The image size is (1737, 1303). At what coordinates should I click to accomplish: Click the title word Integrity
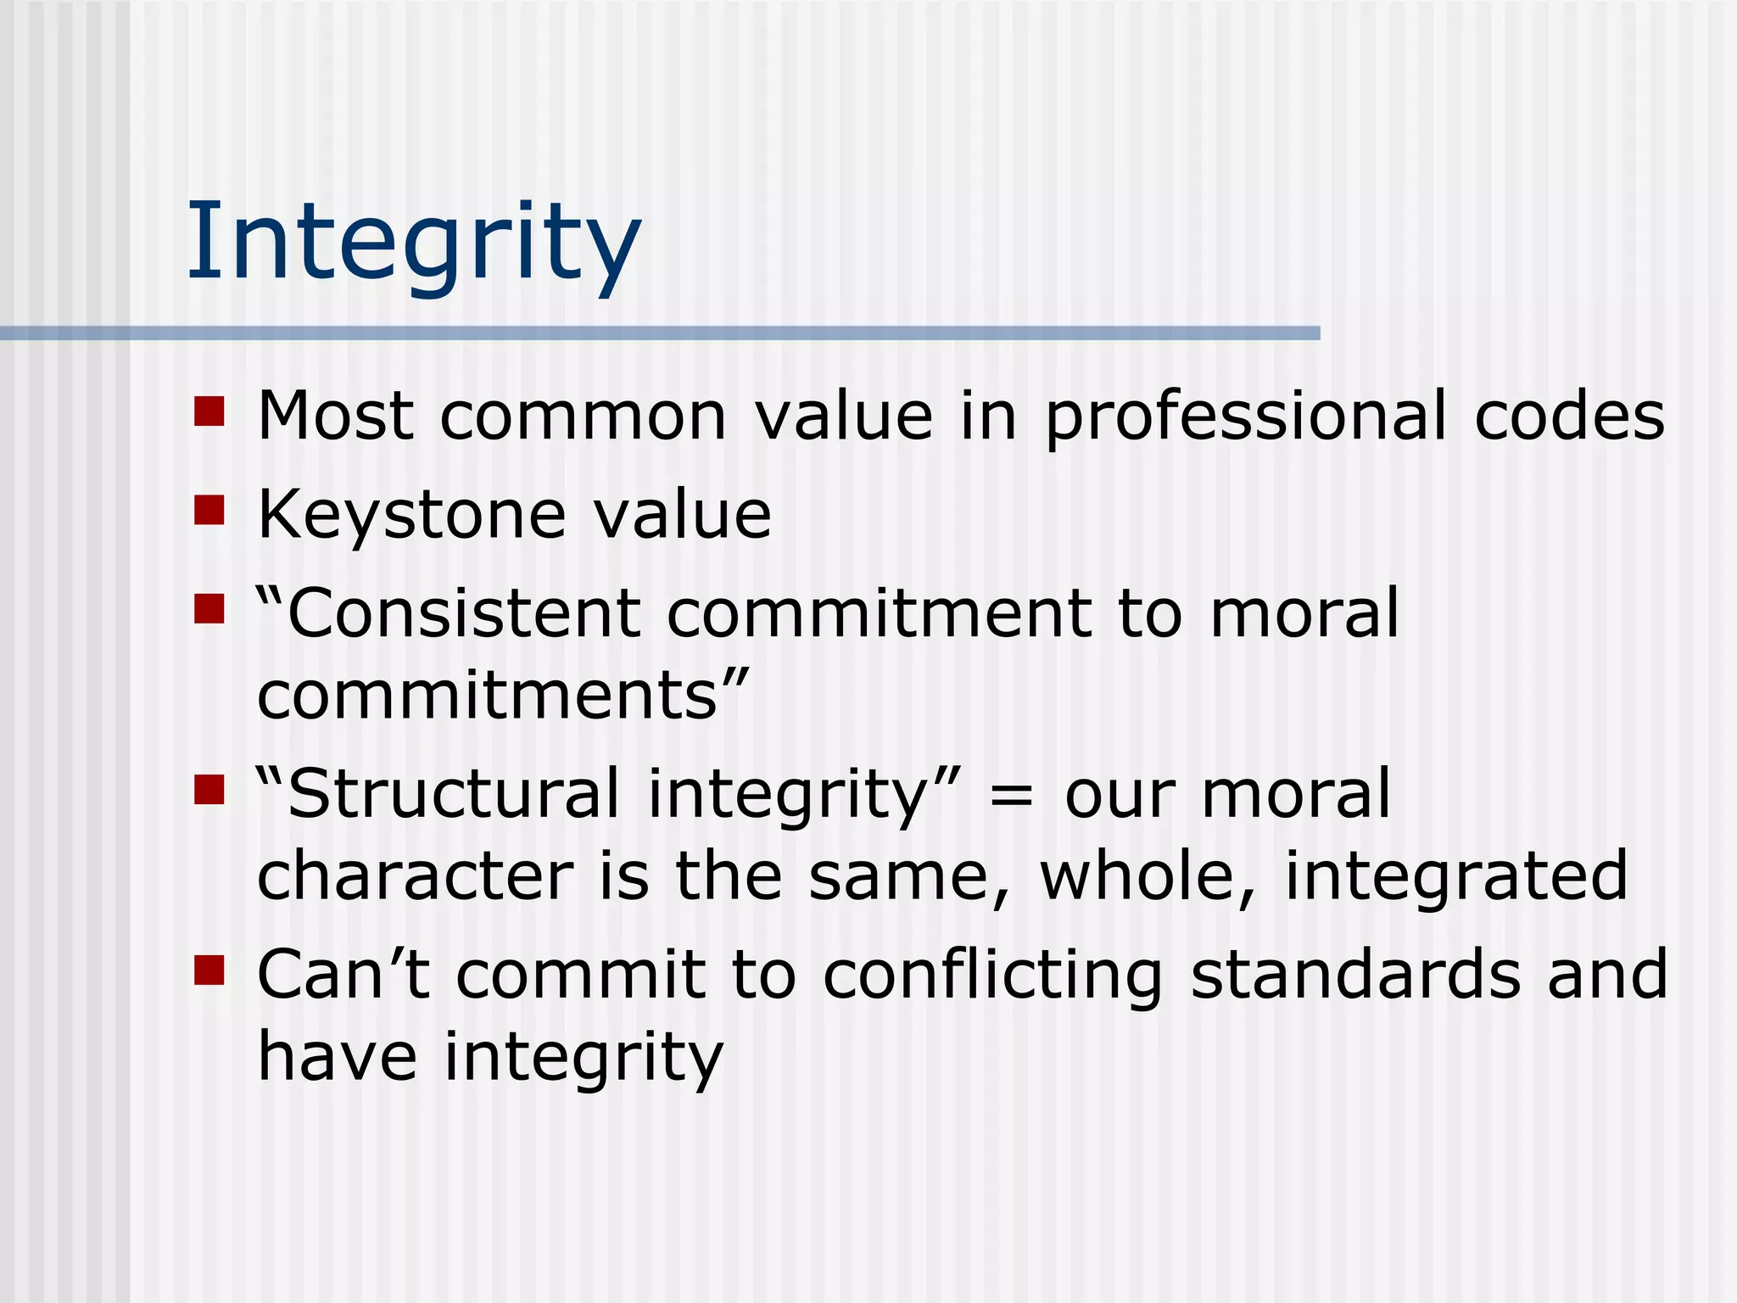point(413,242)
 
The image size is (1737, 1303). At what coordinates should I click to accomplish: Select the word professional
point(1245,417)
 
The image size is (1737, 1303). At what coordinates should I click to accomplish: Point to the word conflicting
point(992,976)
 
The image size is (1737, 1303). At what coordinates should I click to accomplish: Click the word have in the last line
point(337,1056)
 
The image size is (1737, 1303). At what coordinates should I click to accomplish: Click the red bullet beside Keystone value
point(209,511)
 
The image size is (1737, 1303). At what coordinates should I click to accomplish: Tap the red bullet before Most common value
point(209,411)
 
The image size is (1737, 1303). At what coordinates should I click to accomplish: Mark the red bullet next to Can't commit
point(209,970)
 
